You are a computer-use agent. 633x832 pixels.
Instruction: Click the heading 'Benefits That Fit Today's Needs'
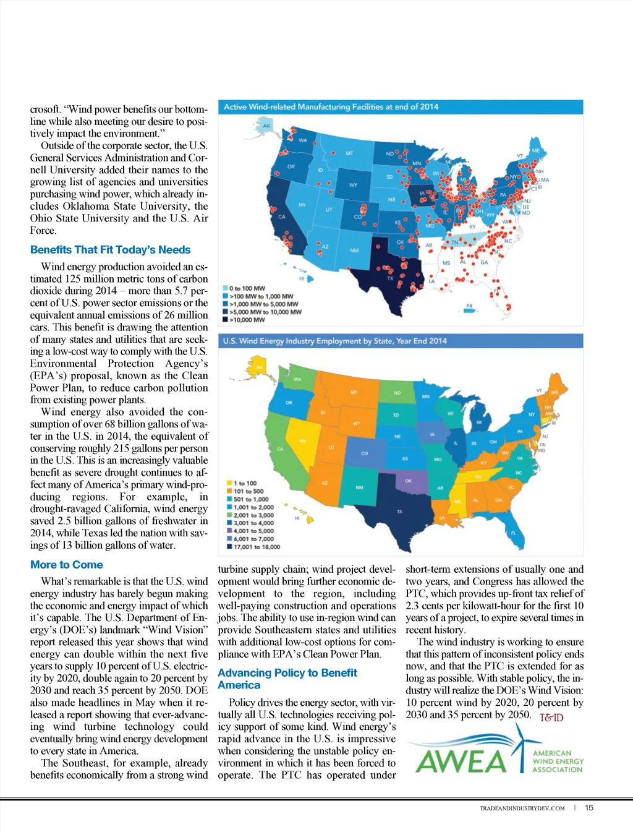(110, 250)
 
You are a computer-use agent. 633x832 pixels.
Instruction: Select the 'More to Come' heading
(67, 565)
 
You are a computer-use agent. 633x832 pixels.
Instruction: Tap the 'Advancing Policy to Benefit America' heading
(287, 679)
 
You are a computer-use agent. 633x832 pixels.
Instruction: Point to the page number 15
(589, 807)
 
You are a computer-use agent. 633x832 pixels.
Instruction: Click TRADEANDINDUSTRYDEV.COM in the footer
(522, 808)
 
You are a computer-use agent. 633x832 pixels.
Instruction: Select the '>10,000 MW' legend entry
(247, 320)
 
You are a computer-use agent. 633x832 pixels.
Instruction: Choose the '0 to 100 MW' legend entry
(247, 288)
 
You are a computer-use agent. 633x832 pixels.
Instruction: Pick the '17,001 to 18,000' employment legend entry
(256, 547)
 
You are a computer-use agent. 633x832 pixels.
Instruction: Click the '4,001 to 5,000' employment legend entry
(253, 531)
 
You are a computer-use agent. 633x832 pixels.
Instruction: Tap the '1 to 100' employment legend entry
(245, 483)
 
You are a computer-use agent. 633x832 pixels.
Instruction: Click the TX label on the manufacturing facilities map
(390, 278)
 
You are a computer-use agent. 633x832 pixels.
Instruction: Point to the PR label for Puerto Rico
(469, 306)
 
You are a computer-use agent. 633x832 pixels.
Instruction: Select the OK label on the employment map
(408, 481)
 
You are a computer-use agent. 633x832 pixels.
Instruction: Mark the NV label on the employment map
(303, 441)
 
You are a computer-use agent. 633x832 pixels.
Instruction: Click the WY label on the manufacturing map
(353, 185)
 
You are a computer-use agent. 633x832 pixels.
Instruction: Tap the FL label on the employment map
(513, 533)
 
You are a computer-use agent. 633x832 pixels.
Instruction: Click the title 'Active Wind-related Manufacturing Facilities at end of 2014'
(331, 107)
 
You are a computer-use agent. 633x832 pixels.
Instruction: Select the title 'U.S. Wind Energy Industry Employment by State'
(334, 341)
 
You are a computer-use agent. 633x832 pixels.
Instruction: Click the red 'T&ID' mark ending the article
(551, 718)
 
